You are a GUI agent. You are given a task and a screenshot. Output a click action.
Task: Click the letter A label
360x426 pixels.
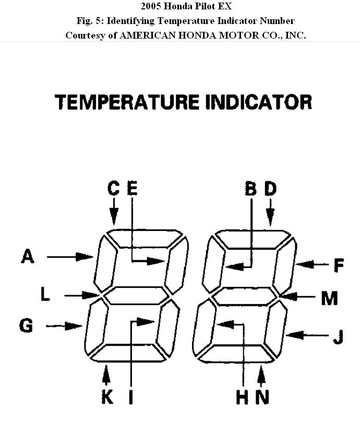pyautogui.click(x=28, y=256)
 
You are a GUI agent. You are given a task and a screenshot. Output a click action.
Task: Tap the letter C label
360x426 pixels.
pyautogui.click(x=114, y=188)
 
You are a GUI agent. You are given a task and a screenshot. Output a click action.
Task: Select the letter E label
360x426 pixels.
pyautogui.click(x=132, y=188)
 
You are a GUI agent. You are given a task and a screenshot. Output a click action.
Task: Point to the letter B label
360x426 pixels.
pyautogui.click(x=251, y=188)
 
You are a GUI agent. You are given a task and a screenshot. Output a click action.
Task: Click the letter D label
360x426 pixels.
pyautogui.click(x=270, y=188)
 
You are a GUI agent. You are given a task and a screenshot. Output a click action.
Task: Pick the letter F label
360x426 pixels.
pyautogui.click(x=339, y=265)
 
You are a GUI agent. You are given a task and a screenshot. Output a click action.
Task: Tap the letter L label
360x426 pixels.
pyautogui.click(x=45, y=294)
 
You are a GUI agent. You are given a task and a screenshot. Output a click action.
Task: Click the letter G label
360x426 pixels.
pyautogui.click(x=26, y=326)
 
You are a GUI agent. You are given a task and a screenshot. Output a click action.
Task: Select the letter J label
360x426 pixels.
pyautogui.click(x=338, y=336)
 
